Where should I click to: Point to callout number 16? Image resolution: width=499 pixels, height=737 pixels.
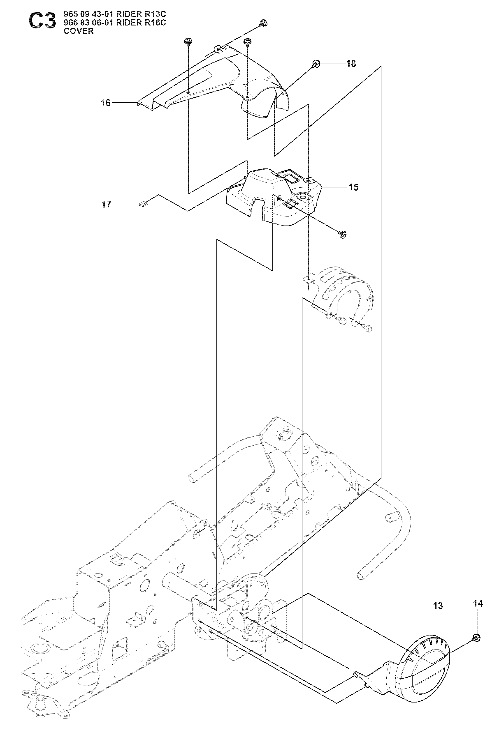pyautogui.click(x=105, y=103)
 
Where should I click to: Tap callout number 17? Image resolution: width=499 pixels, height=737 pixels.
pyautogui.click(x=106, y=205)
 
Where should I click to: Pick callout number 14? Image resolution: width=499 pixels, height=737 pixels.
pyautogui.click(x=478, y=604)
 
